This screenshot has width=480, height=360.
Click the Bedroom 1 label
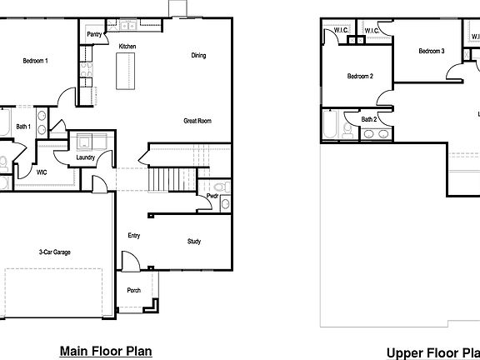coord(35,61)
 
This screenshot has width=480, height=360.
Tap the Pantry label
coord(95,35)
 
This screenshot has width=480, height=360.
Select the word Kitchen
coord(127,46)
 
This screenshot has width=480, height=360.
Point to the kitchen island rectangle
coord(126,76)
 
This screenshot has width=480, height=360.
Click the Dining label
coord(198,56)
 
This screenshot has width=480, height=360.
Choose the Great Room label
coord(197,121)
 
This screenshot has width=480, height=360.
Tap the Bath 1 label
coord(23,127)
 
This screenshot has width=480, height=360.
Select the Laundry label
coord(84,157)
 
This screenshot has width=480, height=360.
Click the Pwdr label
coord(212,196)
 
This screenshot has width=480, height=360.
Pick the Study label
coord(193,242)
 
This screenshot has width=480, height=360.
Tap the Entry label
coord(133,236)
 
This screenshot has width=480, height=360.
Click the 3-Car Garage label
coord(52,251)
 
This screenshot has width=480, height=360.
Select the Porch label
coord(133,291)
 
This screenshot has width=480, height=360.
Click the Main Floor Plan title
coord(105,351)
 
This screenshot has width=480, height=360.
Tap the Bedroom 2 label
coord(359,77)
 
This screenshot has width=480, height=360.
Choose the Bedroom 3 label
coord(431,52)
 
